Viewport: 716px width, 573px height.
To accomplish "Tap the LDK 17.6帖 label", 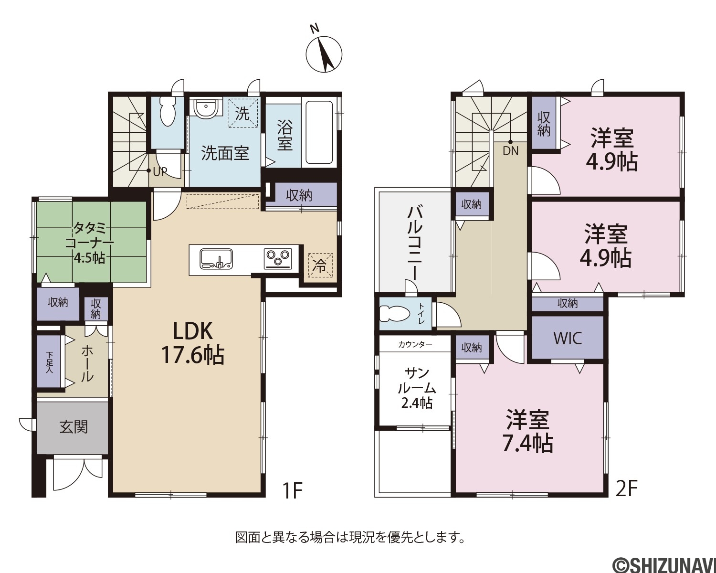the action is click(192, 343).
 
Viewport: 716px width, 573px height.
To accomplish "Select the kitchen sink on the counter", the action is click(216, 259).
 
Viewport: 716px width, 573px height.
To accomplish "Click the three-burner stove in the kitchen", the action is click(278, 259).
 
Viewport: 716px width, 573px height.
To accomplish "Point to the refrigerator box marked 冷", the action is click(320, 265).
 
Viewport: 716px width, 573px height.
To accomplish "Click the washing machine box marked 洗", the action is click(243, 113).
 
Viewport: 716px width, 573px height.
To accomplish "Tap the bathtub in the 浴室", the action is click(319, 132).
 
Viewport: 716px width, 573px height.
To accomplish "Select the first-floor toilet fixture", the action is click(168, 112).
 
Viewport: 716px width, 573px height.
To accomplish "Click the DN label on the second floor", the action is click(511, 151).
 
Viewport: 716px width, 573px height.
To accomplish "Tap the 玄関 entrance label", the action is click(74, 427).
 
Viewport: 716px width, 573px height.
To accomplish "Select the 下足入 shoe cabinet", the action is click(50, 361).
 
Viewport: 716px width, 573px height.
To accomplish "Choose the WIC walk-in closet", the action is click(568, 338).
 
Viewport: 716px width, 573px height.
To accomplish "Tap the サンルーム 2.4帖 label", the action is click(417, 388).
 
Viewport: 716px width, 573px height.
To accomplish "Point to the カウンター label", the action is click(415, 344).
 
